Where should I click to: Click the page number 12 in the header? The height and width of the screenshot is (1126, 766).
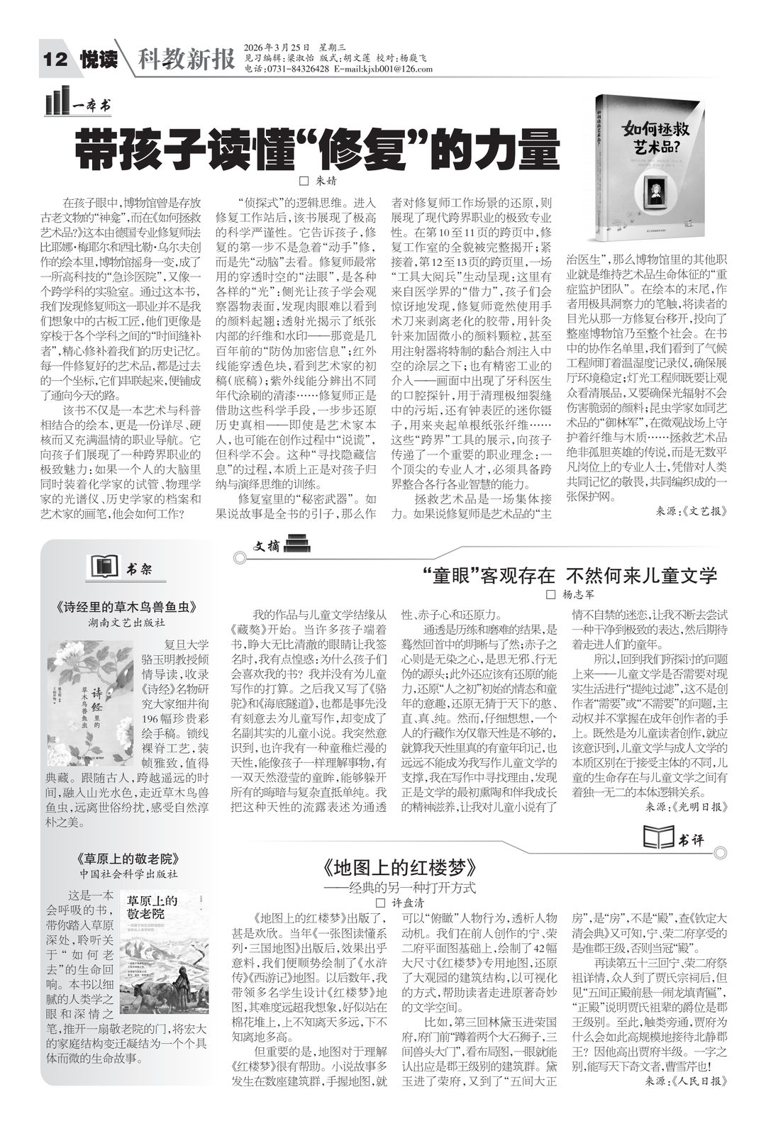[55, 60]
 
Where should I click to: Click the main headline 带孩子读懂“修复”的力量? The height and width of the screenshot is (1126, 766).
[317, 149]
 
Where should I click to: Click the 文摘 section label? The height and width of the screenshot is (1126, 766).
[267, 546]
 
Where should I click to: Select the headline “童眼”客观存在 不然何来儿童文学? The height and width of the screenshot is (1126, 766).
[574, 575]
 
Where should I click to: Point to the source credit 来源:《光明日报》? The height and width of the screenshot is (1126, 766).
[686, 807]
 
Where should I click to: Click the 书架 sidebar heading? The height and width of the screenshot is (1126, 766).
[138, 569]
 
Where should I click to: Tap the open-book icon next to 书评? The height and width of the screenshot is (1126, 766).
[657, 837]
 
